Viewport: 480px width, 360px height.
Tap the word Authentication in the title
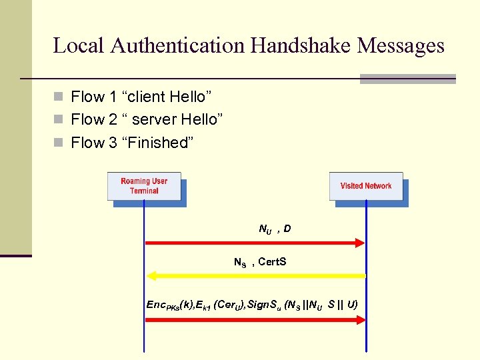(x=179, y=45)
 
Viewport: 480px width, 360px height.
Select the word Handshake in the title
(x=302, y=45)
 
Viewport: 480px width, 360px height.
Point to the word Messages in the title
(x=401, y=45)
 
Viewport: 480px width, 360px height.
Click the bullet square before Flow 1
(x=59, y=97)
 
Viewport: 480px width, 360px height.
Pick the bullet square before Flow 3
(x=59, y=143)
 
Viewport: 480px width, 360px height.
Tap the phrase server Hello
(x=173, y=119)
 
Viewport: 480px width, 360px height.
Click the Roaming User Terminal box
(x=144, y=186)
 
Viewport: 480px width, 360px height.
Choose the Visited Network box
(x=366, y=186)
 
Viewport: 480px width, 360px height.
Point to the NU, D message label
(x=275, y=229)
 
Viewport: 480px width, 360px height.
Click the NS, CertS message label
(x=260, y=262)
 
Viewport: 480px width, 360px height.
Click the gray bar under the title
(x=407, y=79)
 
